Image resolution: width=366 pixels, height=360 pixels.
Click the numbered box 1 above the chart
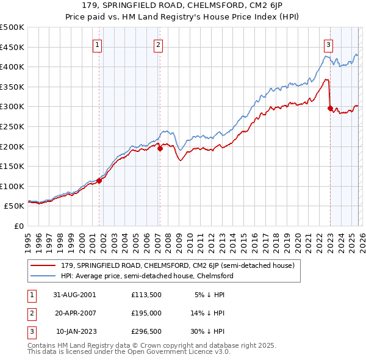[x=98, y=43]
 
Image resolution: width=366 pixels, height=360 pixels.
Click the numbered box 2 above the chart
[x=158, y=43]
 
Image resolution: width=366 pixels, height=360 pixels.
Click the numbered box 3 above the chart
[x=328, y=43]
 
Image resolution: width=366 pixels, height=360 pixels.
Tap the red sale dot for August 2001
[x=99, y=181]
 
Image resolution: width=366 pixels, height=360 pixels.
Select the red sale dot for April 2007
[x=159, y=148]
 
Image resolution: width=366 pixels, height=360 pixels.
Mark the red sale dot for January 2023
[x=330, y=108]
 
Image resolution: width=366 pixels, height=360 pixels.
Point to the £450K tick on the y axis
[x=12, y=47]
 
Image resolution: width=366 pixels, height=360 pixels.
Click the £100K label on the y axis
[x=12, y=186]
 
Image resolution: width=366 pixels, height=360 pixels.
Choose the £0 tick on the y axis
[x=18, y=226]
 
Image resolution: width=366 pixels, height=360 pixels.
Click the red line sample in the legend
[x=44, y=266]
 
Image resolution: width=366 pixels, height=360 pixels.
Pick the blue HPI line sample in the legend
[x=44, y=276]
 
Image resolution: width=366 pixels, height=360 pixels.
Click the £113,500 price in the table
[x=146, y=294]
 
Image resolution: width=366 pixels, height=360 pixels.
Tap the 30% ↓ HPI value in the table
[x=207, y=332]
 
